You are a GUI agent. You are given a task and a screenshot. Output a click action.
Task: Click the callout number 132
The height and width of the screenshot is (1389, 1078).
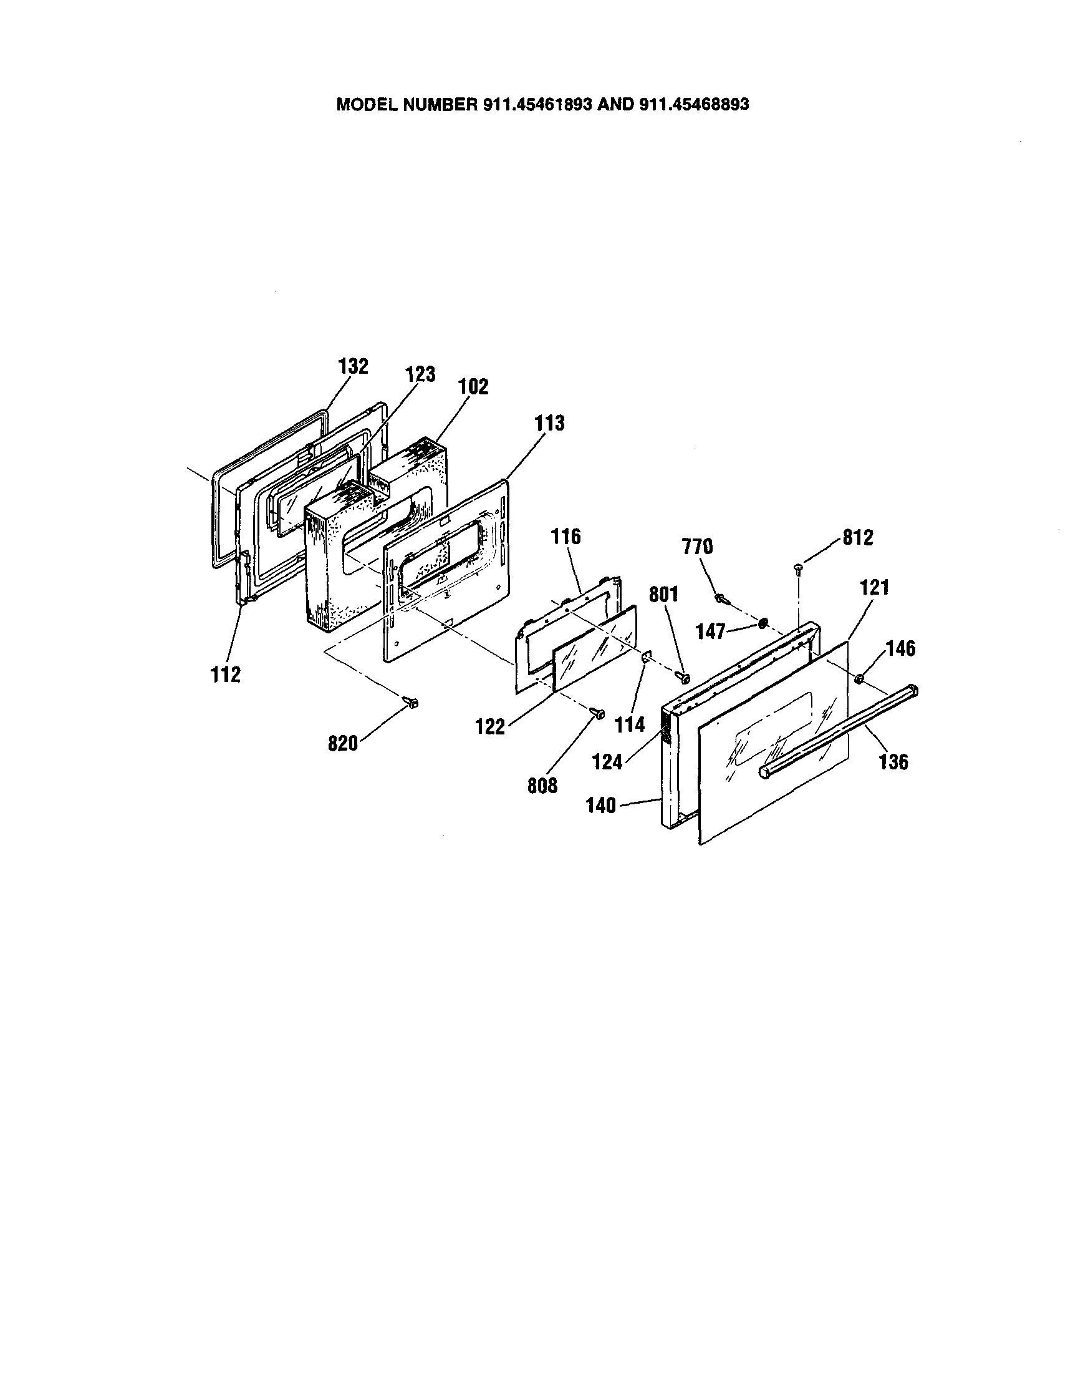pyautogui.click(x=354, y=366)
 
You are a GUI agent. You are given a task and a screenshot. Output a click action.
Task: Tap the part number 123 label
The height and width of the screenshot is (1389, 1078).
pyautogui.click(x=420, y=374)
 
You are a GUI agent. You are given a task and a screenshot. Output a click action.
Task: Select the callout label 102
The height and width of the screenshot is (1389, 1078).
pyautogui.click(x=473, y=387)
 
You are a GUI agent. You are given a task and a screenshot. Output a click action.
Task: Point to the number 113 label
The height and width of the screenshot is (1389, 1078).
pyautogui.click(x=549, y=423)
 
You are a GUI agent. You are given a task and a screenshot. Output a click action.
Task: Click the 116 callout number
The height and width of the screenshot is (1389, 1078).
pyautogui.click(x=565, y=537)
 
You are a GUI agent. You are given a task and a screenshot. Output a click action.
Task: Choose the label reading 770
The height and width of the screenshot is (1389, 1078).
pyautogui.click(x=697, y=547)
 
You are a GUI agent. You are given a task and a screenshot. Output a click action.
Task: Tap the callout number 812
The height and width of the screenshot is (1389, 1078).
pyautogui.click(x=857, y=537)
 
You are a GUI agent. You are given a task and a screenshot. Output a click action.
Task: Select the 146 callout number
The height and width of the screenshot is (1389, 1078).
pyautogui.click(x=900, y=649)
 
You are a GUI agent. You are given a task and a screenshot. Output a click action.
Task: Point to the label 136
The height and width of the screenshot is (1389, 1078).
pyautogui.click(x=893, y=761)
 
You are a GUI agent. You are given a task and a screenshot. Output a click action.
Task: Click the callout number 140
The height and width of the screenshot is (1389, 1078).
pyautogui.click(x=600, y=806)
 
